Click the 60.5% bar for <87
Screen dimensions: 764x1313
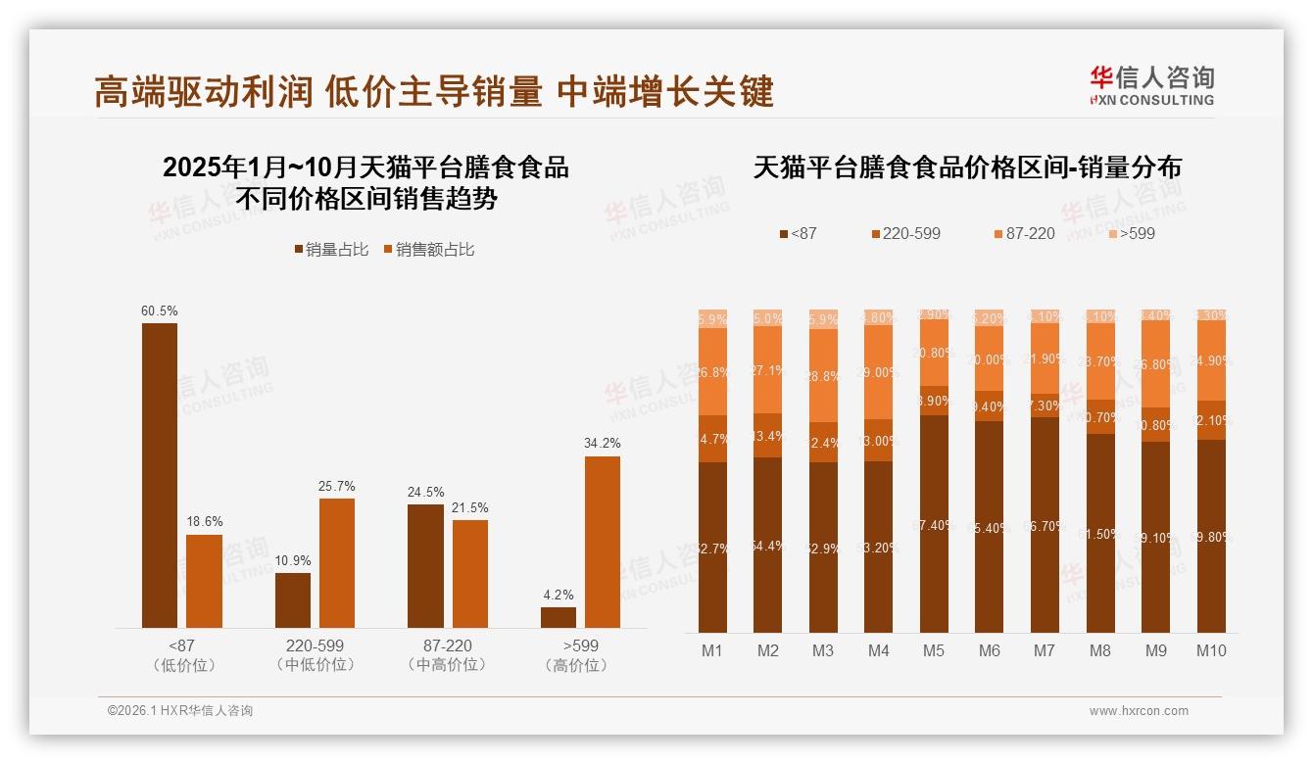pyautogui.click(x=160, y=475)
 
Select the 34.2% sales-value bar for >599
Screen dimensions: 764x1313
pyautogui.click(x=603, y=542)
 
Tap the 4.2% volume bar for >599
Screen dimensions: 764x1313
pyautogui.click(x=559, y=617)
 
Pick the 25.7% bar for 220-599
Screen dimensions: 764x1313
pyautogui.click(x=337, y=563)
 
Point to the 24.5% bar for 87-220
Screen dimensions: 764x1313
pyautogui.click(x=425, y=566)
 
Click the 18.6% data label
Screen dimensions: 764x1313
pyautogui.click(x=204, y=521)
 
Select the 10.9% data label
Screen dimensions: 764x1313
pyautogui.click(x=293, y=560)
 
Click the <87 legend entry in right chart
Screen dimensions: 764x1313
pyautogui.click(x=798, y=233)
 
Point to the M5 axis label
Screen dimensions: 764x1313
pyautogui.click(x=933, y=650)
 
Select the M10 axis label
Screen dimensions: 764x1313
pyautogui.click(x=1211, y=650)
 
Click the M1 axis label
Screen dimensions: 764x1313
pyautogui.click(x=712, y=650)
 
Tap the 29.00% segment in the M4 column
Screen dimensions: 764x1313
pyautogui.click(x=879, y=372)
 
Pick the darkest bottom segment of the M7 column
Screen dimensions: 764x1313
pyautogui.click(x=1045, y=525)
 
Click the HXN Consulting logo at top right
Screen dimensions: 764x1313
pyautogui.click(x=1151, y=86)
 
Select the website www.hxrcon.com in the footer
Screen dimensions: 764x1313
pyautogui.click(x=1138, y=711)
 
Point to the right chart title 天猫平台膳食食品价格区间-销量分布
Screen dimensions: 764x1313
pyautogui.click(x=967, y=167)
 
